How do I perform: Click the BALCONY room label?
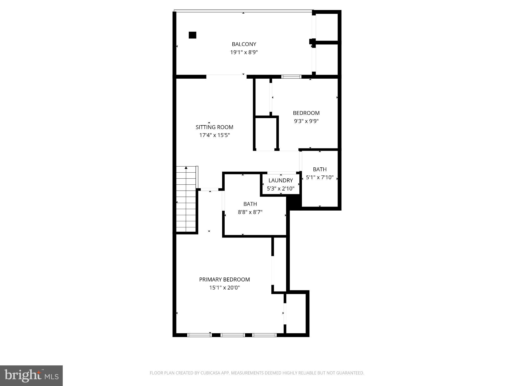click(x=244, y=44)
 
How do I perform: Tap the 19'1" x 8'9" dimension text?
click(x=244, y=53)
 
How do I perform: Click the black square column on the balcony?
click(x=192, y=35)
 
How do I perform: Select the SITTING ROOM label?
click(x=214, y=127)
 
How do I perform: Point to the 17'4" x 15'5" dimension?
click(x=214, y=135)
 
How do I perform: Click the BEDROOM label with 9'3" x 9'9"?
click(x=306, y=113)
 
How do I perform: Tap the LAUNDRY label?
click(x=281, y=180)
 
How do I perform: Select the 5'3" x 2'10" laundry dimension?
click(x=281, y=188)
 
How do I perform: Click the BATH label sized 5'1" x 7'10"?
click(x=320, y=169)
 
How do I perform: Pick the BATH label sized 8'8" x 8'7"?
click(x=250, y=204)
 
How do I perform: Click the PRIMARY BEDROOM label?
click(x=224, y=279)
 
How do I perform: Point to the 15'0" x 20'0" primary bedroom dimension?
click(x=224, y=287)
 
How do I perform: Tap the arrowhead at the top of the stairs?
click(x=186, y=168)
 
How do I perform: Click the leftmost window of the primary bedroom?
click(x=200, y=335)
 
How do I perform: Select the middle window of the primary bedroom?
click(x=233, y=335)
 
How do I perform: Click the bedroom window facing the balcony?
click(x=291, y=77)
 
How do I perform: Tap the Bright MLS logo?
click(x=31, y=376)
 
